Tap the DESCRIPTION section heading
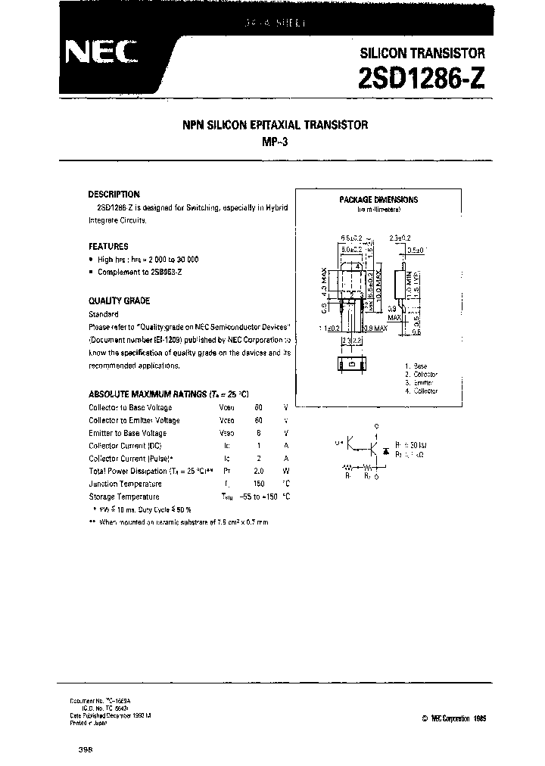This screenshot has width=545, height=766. coord(114,195)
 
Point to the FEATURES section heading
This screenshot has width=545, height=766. coord(108,246)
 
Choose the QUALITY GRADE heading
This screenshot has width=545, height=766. coord(119,300)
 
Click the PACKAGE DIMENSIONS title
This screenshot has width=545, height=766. coord(378,200)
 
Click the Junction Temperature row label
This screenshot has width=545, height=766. coord(125,483)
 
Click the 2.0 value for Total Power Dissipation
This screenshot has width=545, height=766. coord(258,471)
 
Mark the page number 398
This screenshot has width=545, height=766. coord(85,748)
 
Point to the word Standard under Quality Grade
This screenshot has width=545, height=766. coord(103,313)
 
